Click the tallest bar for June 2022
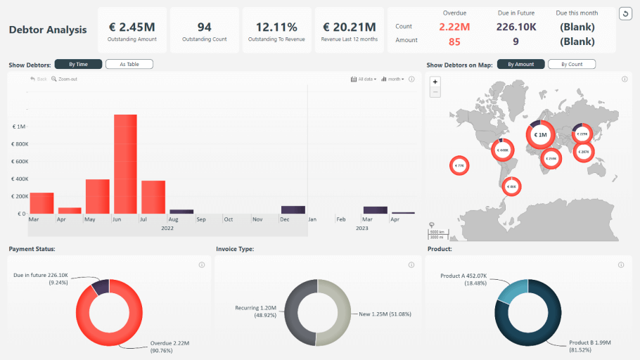[x=125, y=163]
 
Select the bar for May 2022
[x=97, y=196]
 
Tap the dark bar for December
[x=293, y=210]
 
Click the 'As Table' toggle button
[x=129, y=65]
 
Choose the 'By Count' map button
[x=571, y=65]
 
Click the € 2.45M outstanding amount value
[x=132, y=27]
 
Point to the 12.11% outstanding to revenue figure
[x=276, y=27]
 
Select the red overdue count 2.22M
[x=454, y=27]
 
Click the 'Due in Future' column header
[x=516, y=13]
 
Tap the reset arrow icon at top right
[x=625, y=14]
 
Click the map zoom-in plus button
[x=435, y=82]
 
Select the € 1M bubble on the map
[x=540, y=134]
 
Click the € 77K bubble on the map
[x=459, y=166]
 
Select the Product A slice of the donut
[x=509, y=291]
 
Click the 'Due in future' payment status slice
[x=101, y=286]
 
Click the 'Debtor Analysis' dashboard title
[x=48, y=30]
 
